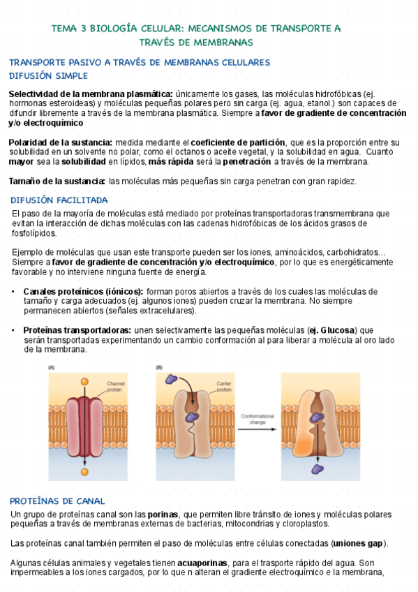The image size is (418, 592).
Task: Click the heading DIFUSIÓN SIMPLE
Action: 48,75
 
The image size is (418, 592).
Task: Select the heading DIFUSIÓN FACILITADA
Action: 59,200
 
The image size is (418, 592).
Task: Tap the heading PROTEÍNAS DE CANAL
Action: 57,501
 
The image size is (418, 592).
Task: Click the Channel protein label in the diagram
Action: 114,385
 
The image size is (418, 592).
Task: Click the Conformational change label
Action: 257,420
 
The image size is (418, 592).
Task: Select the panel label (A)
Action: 52,367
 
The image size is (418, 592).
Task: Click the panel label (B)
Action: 159,367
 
